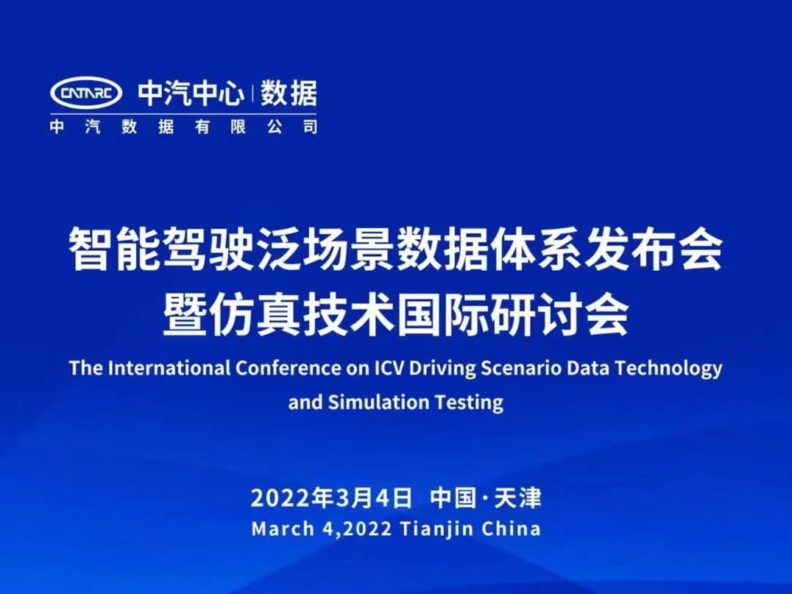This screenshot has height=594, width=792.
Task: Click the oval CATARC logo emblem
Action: point(86,93)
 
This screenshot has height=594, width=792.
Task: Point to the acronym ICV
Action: point(389,368)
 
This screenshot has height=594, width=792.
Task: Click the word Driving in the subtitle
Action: point(442,369)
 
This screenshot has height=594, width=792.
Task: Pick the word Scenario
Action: point(520,368)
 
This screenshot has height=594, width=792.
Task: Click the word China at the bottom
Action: point(511,528)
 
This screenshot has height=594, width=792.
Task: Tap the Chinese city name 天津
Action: point(518,498)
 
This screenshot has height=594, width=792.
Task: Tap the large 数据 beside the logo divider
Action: point(289,93)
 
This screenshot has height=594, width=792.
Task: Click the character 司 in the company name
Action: point(310,127)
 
